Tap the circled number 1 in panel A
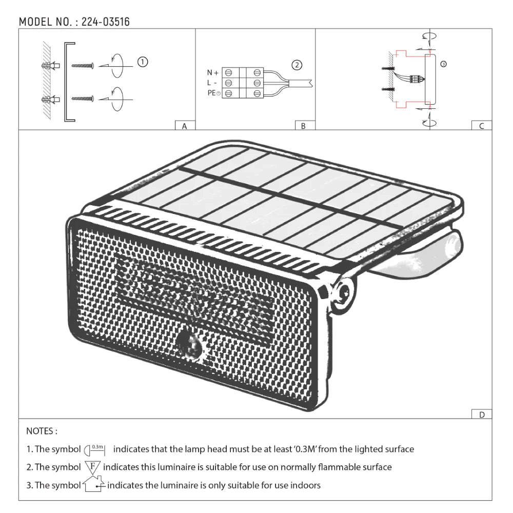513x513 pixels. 143,62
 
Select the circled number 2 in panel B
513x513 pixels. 297,65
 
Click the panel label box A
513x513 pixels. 185,126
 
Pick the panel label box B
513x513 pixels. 304,126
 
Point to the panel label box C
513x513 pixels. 481,126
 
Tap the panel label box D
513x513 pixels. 481,415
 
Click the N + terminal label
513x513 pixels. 212,73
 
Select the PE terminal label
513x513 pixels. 212,93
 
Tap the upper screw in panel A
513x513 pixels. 82,66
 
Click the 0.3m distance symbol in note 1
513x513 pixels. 94,450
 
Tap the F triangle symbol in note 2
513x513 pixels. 92,467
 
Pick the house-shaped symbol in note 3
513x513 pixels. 93,485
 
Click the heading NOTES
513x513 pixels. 42,431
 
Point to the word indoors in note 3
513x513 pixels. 306,485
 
